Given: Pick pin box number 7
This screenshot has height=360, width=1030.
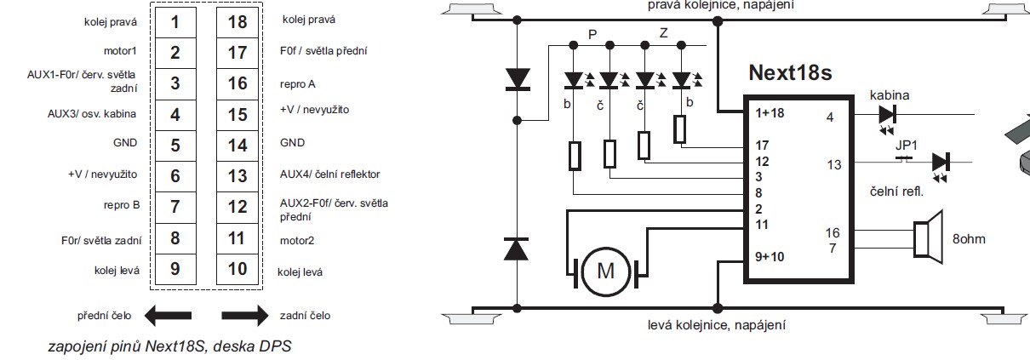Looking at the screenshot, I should click(x=175, y=207).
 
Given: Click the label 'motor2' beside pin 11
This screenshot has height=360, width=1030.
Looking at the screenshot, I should click(x=297, y=241).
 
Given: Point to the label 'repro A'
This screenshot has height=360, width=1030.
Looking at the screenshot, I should click(x=299, y=84).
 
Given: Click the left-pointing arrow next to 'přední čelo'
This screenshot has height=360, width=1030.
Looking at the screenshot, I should click(x=168, y=317).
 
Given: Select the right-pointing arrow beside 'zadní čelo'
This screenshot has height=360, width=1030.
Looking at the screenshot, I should click(x=245, y=317).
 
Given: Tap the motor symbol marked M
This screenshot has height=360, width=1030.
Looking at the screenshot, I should click(x=606, y=271).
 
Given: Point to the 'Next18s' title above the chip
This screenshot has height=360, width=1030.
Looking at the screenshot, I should click(x=789, y=72).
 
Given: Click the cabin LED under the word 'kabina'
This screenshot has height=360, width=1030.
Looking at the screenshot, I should click(x=888, y=114).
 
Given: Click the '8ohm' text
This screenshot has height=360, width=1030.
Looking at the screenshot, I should click(x=968, y=239).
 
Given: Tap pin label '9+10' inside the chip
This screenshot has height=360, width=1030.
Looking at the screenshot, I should click(x=770, y=255).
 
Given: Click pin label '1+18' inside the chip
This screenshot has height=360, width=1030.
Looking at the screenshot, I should click(x=770, y=112).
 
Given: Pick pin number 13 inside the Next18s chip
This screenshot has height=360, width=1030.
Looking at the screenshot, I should click(x=833, y=163).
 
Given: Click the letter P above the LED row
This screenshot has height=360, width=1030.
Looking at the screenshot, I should click(x=592, y=35).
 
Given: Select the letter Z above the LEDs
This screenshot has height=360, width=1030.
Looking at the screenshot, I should click(x=663, y=35).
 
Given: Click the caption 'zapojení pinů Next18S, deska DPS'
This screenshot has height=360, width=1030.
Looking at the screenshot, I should click(x=170, y=347).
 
